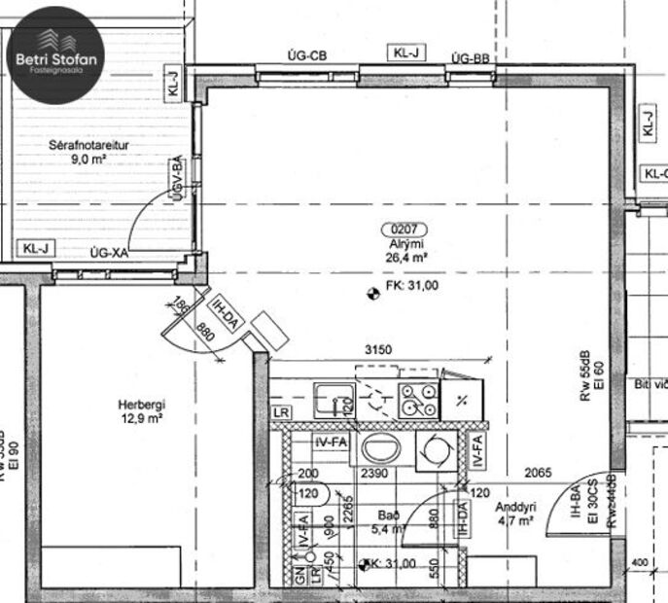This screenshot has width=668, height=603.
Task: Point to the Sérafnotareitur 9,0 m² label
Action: pos(89,153)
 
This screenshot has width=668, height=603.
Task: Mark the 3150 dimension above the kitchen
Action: pos(378,349)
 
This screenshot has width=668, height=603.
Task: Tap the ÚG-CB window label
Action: pos(306,57)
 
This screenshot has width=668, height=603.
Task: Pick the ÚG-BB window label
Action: pos(470,58)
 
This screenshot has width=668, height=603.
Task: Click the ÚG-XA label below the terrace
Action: pos(109,252)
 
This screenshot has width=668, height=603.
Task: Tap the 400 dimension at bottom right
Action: pos(639,562)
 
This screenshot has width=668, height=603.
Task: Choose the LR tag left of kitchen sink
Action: pos(282,413)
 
